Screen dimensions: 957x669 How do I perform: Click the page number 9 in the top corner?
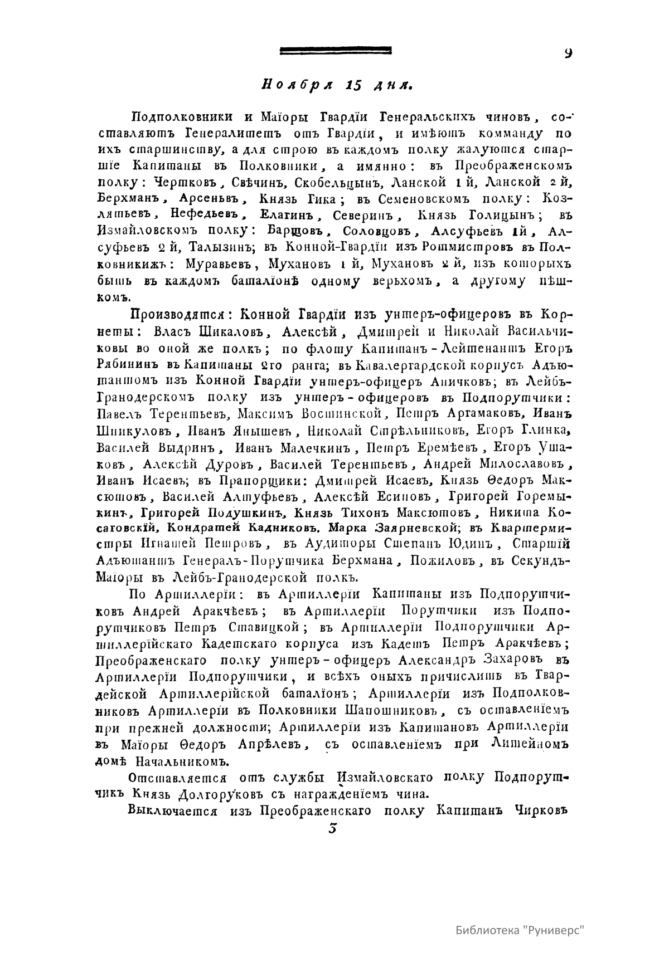[568, 53]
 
